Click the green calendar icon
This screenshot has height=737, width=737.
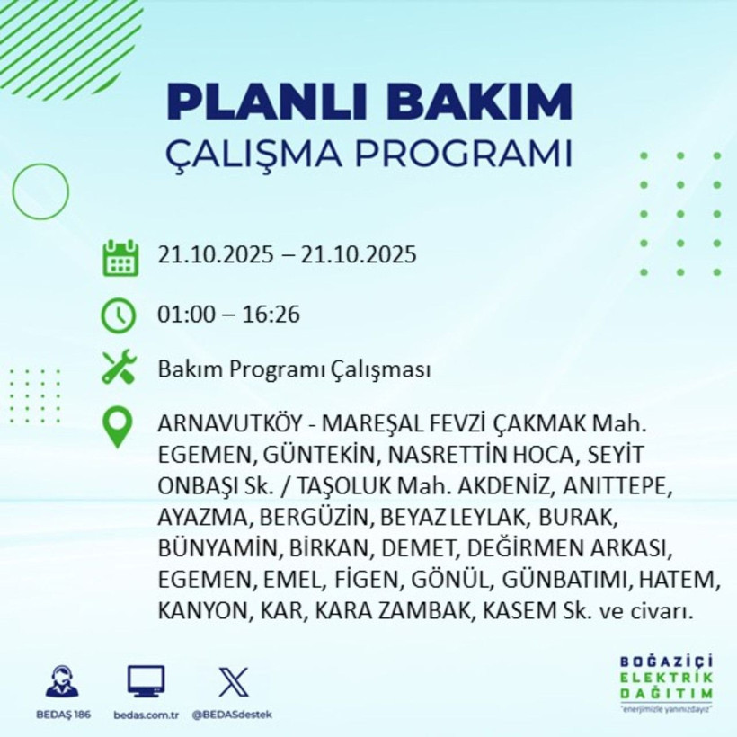(x=120, y=257)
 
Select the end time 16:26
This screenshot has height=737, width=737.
(x=272, y=315)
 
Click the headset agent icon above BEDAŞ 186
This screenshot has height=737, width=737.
(x=62, y=681)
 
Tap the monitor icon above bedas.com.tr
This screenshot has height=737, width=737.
(x=146, y=681)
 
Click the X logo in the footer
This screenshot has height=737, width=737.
(x=233, y=681)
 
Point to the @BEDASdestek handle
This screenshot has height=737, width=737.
(x=233, y=715)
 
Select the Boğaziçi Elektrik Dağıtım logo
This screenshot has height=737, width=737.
(x=665, y=683)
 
